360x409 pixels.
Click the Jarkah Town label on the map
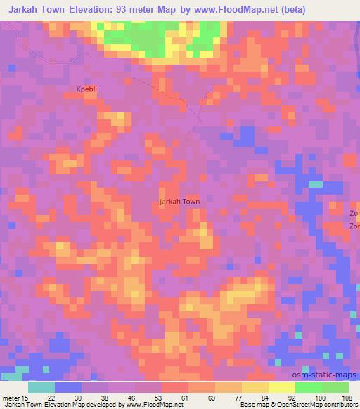tap(180, 202)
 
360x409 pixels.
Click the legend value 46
tap(132, 397)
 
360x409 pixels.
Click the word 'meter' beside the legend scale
tap(11, 397)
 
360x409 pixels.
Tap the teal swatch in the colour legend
tap(41, 387)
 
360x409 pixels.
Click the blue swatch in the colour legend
tap(68, 387)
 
